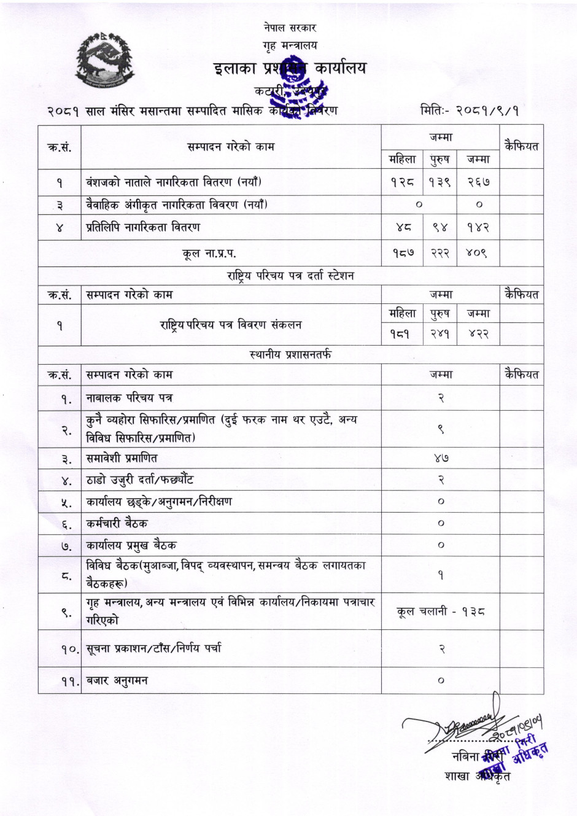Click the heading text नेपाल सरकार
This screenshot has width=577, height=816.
click(x=290, y=28)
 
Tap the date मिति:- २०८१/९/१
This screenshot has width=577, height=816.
click(x=470, y=111)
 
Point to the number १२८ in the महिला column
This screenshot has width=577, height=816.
click(x=402, y=182)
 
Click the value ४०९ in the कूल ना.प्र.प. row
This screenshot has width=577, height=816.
click(x=478, y=252)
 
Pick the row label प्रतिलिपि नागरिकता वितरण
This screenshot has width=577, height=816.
click(x=143, y=227)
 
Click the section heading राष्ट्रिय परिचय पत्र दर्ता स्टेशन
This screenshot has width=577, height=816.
click(x=290, y=276)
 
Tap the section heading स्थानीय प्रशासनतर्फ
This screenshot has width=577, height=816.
click(x=290, y=354)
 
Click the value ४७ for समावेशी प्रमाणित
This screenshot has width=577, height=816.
click(x=441, y=458)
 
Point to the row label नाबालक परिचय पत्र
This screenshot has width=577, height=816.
click(x=130, y=398)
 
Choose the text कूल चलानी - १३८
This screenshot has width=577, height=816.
click(x=441, y=612)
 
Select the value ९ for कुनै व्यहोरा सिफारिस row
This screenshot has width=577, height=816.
click(x=441, y=429)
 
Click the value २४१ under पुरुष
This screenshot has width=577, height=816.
click(x=440, y=335)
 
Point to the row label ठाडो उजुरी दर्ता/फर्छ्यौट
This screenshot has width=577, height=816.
click(x=140, y=480)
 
